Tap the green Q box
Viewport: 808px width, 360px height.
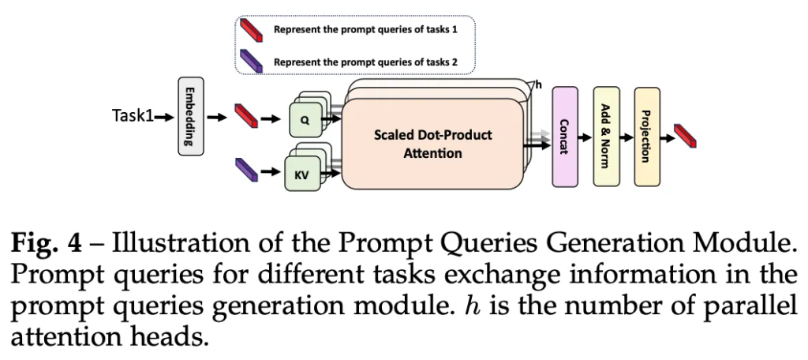coord(305,125)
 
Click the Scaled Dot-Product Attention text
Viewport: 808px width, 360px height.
coord(432,144)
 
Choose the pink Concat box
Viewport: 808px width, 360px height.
coord(564,137)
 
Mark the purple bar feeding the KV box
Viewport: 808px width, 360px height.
coord(248,169)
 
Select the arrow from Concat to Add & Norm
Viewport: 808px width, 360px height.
coord(585,137)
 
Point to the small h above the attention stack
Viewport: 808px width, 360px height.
coord(539,84)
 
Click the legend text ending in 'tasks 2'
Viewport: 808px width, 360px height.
coord(365,61)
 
